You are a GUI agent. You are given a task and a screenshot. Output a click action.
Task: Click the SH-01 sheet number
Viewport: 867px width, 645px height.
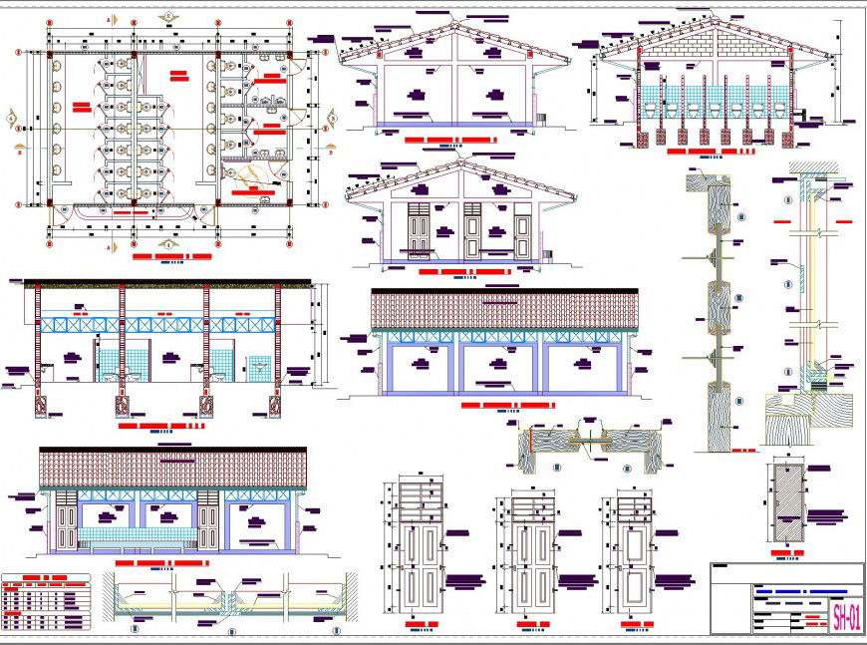[846, 614]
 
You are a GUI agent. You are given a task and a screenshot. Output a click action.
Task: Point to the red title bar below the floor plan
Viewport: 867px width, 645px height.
[171, 257]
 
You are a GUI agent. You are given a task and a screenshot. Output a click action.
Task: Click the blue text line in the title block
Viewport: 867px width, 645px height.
[807, 592]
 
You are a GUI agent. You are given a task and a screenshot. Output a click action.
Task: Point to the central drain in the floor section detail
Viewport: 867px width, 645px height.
[232, 604]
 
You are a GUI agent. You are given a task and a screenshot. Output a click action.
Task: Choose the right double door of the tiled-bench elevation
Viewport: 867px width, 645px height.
[208, 526]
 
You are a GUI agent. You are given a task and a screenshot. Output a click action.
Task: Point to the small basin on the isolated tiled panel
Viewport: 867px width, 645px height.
[261, 368]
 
